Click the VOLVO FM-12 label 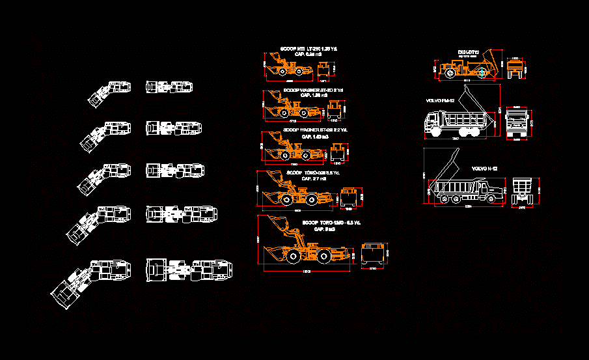click(439, 101)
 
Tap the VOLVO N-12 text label click(485, 169)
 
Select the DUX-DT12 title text click(468, 51)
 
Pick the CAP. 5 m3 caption click(324, 229)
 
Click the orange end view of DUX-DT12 click(515, 69)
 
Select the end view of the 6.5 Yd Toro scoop click(373, 253)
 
